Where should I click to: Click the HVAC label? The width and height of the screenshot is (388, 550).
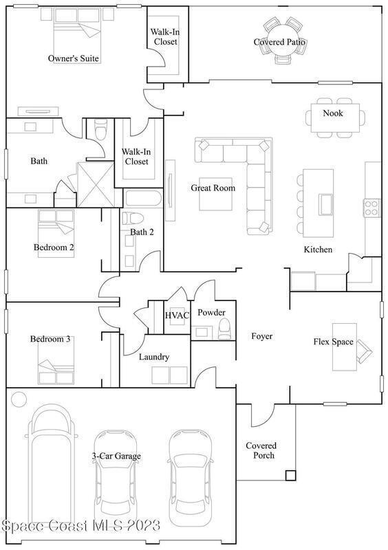177,316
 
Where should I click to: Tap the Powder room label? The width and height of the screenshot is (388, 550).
211,312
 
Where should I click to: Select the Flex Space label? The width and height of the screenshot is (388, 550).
333,342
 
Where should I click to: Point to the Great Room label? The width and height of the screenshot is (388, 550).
213,188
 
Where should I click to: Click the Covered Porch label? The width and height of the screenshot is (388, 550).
261,450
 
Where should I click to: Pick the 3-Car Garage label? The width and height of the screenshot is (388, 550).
116,456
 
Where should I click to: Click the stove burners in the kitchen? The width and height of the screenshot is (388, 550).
371,208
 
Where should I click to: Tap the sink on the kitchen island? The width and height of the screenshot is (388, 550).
325,204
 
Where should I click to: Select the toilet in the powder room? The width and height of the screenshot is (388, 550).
225,330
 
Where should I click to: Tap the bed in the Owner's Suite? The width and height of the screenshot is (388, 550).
77,35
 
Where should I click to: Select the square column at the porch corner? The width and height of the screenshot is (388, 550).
290,475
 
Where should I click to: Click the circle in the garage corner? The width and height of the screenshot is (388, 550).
19,399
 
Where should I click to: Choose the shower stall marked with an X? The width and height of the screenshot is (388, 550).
96,184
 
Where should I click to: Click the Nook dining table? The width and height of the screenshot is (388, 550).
335,118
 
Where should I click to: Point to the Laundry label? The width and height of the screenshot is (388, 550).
154,357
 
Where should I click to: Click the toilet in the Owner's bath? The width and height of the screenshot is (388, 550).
100,132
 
